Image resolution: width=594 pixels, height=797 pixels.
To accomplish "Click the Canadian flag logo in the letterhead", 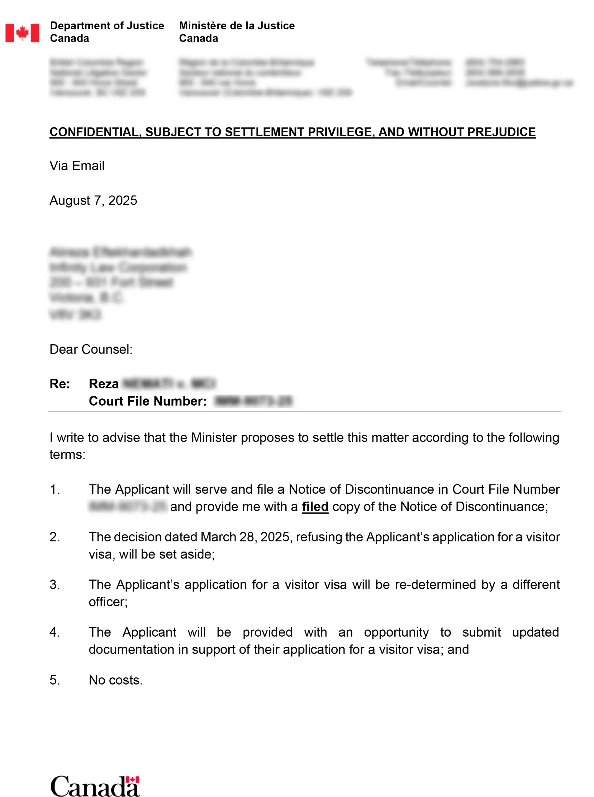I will click(x=22, y=33).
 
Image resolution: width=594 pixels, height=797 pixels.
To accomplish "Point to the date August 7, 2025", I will click(x=93, y=200).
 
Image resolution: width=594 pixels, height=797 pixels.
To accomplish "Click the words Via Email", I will click(x=77, y=166).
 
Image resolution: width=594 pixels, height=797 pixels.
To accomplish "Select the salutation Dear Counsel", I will click(x=91, y=349).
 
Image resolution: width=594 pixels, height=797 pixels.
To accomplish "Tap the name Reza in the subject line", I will click(x=103, y=384).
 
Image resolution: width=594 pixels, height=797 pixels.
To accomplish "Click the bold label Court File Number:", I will click(x=148, y=401).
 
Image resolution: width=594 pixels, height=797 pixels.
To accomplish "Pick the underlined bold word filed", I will click(x=315, y=507).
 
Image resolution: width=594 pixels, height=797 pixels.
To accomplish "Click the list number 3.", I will click(x=55, y=585).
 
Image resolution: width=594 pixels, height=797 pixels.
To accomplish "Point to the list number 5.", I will click(x=55, y=680).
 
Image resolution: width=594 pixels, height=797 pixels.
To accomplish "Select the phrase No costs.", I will click(x=116, y=680).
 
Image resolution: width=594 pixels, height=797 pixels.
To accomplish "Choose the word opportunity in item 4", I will click(x=396, y=632).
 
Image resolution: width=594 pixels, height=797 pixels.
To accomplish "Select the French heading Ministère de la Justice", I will click(x=237, y=26).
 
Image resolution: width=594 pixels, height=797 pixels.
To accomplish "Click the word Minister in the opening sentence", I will click(x=214, y=438).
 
